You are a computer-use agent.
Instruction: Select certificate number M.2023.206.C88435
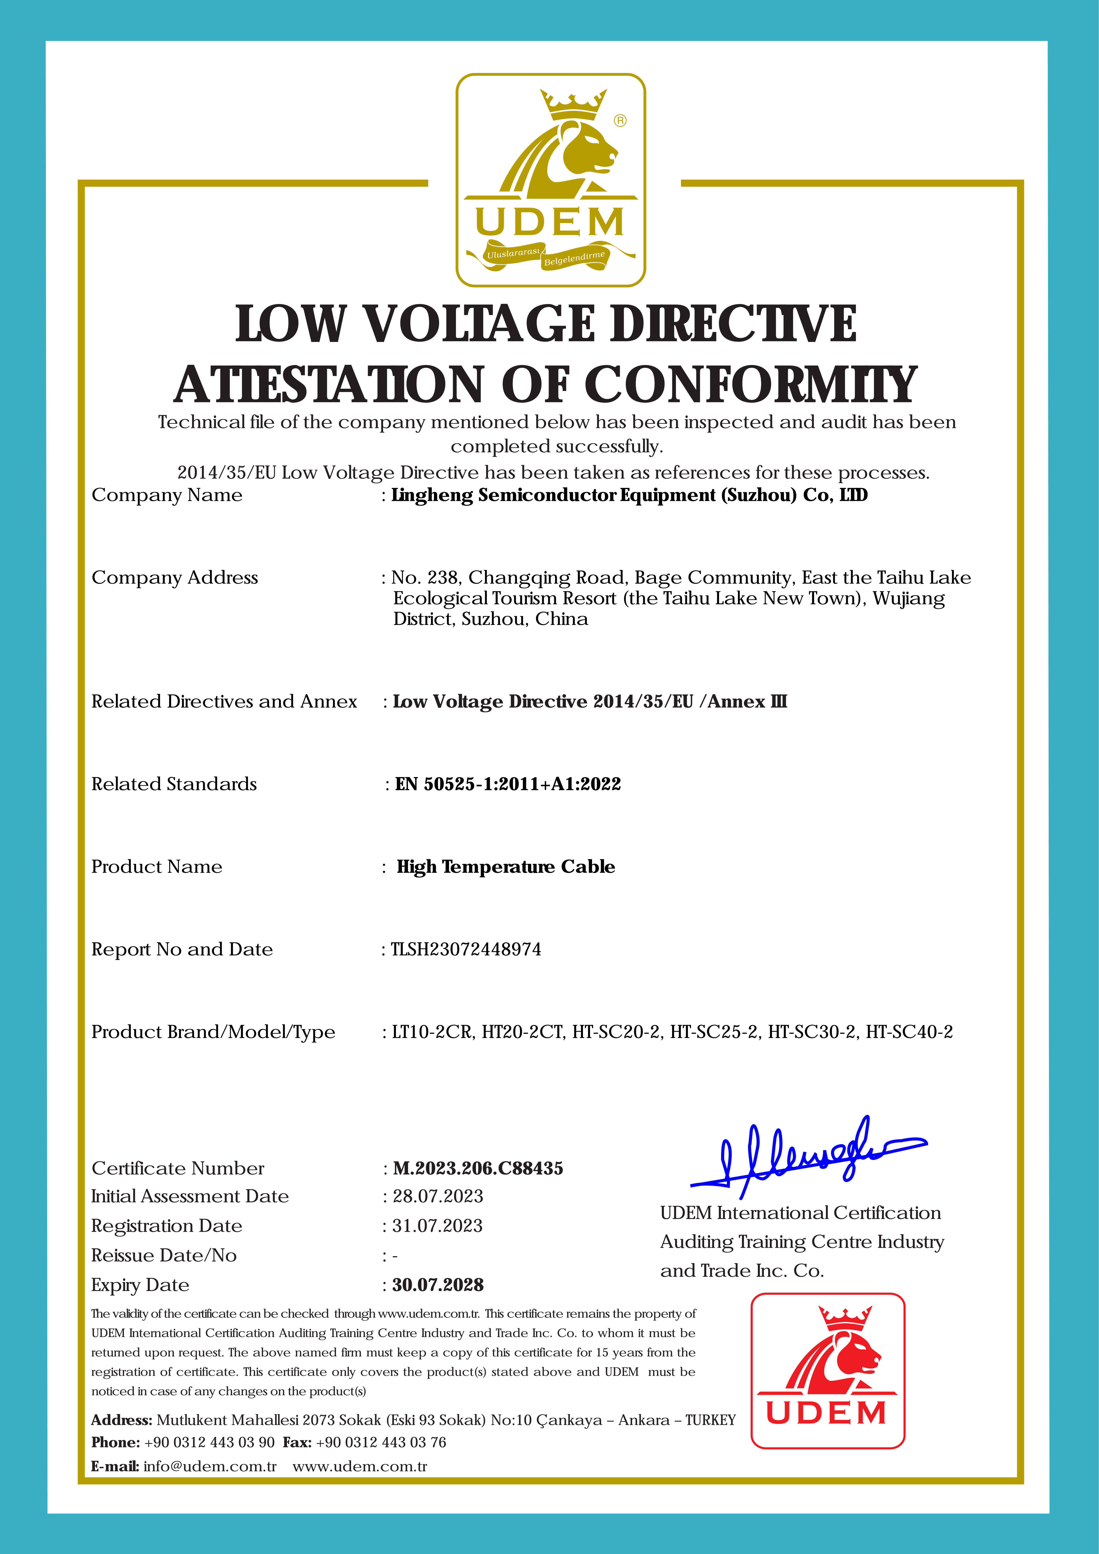478,1168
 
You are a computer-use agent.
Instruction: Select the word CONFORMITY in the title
750,385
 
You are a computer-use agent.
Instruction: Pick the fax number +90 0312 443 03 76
381,1442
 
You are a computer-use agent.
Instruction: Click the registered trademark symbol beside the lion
620,120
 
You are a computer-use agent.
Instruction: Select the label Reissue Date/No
164,1256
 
